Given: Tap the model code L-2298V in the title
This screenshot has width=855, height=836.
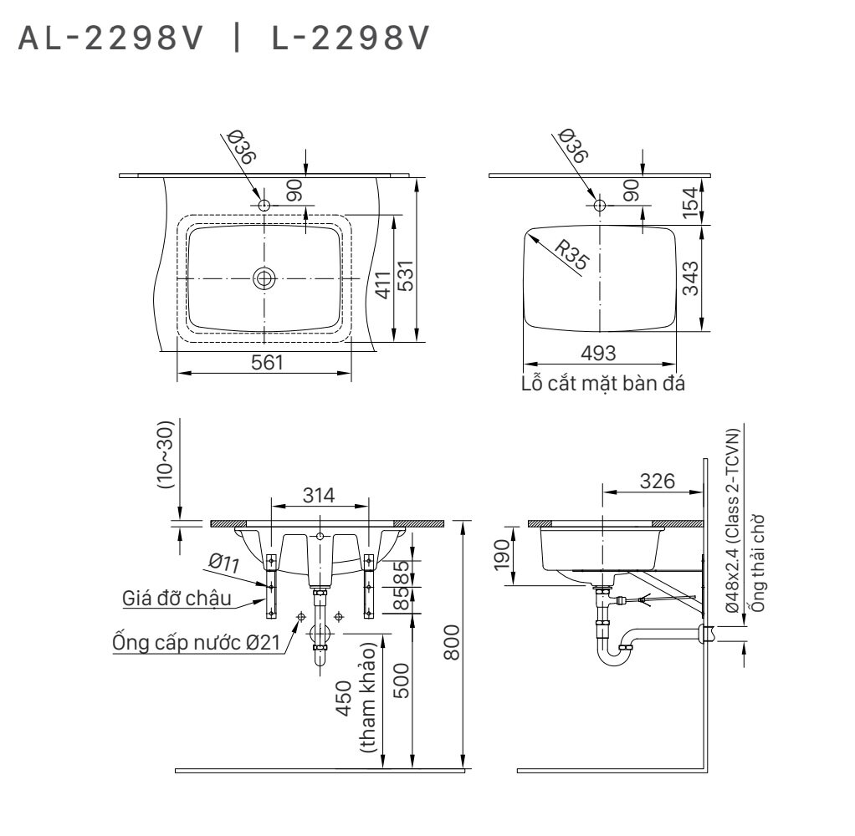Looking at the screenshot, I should pos(350,38).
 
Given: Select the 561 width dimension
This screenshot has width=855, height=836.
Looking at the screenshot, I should pos(264,363).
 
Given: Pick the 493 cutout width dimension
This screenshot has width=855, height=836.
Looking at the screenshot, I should pos(598,354).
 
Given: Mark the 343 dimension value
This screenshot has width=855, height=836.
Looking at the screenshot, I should pos(690,278).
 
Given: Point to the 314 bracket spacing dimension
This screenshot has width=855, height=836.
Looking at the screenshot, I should pos(319,494).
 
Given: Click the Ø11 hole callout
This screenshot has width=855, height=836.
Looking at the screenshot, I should pos(224,564).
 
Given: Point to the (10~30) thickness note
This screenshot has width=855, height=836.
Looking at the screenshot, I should pos(166,455).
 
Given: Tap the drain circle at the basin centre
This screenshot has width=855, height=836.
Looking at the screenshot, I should pos(264,278).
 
